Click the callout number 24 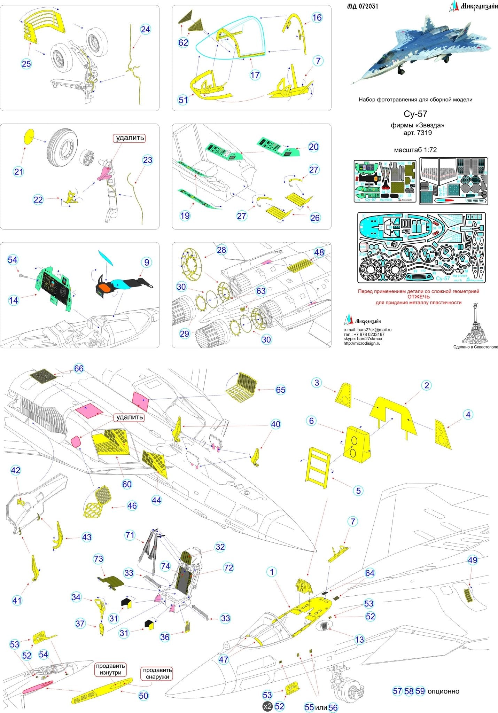[x=145, y=30]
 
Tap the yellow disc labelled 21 [x=29, y=136]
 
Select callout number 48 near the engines [x=319, y=252]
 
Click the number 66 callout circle [x=79, y=369]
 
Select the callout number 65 [x=280, y=390]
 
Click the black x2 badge [x=267, y=706]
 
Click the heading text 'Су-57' [x=415, y=114]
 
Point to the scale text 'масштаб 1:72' [x=415, y=150]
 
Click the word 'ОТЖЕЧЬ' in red [x=419, y=297]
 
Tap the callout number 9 [x=147, y=263]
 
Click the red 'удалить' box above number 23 [x=130, y=138]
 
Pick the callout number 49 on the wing [x=473, y=560]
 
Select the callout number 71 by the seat [x=130, y=535]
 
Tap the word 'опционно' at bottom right [x=443, y=691]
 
